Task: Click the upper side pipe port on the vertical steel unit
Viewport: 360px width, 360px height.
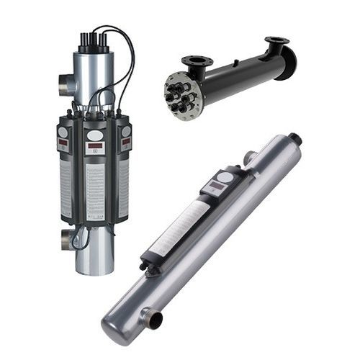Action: click(66, 84)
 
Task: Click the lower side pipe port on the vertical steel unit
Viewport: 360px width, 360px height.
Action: click(67, 239)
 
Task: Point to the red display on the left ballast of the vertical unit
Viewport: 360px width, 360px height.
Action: click(63, 143)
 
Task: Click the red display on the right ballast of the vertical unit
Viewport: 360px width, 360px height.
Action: click(125, 143)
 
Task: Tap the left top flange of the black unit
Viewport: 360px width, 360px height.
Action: click(196, 60)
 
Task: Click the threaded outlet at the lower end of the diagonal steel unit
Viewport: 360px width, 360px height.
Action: click(153, 318)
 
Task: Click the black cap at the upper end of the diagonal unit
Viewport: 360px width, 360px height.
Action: click(294, 138)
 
